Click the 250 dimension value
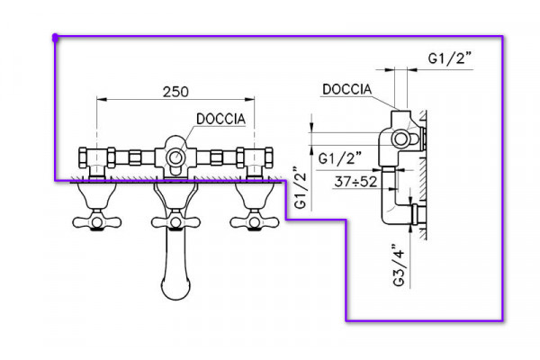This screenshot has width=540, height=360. (175, 92)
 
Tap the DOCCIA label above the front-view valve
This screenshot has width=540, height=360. (220, 119)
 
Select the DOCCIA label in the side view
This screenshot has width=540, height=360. (347, 89)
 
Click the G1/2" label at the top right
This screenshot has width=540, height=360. (449, 58)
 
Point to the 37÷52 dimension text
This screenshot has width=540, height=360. (355, 182)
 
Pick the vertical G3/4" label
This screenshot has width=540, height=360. (399, 265)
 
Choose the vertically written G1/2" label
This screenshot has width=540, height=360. (300, 188)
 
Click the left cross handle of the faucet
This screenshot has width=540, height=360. (97, 222)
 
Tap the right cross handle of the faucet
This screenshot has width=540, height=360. (255, 222)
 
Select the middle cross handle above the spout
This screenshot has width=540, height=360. (175, 222)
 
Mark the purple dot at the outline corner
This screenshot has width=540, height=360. (55, 37)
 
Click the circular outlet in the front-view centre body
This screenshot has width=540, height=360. (175, 157)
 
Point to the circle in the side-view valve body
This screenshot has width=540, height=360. (400, 139)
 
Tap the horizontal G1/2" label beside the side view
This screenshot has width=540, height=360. (339, 158)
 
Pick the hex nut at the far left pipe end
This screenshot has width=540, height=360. (83, 157)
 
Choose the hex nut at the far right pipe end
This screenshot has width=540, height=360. (269, 157)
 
